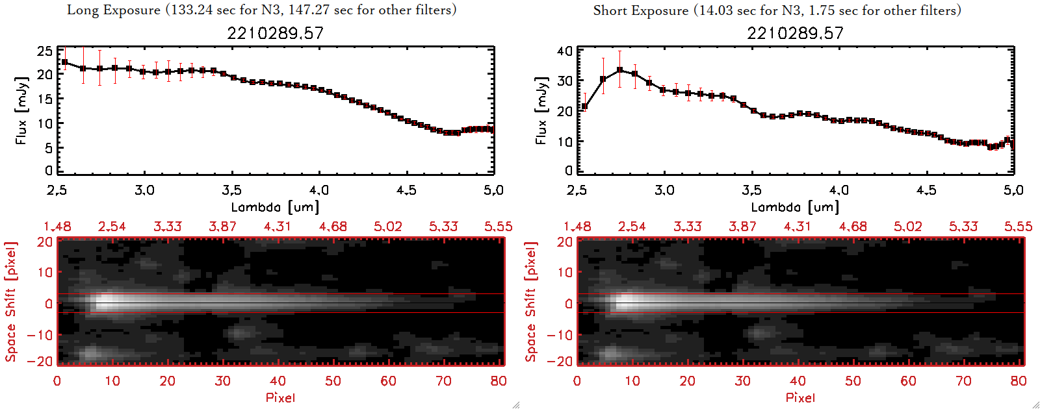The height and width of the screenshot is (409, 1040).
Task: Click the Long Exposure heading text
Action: (261, 10)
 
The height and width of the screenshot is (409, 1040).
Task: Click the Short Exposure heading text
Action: (777, 10)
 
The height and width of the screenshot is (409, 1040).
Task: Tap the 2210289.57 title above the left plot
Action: (275, 33)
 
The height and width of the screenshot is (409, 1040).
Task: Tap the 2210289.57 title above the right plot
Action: (795, 33)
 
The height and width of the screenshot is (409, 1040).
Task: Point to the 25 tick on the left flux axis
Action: (45, 51)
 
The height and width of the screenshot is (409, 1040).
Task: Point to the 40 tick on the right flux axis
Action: (565, 51)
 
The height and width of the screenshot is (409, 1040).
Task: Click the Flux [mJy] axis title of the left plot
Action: (21, 111)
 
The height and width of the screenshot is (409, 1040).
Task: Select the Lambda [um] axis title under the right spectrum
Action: (795, 207)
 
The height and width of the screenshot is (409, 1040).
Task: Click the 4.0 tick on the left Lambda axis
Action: (318, 190)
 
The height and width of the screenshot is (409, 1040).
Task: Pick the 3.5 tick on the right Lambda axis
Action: (751, 190)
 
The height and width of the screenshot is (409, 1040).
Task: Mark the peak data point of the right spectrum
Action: (619, 69)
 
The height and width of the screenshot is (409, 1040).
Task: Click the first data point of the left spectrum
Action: (64, 62)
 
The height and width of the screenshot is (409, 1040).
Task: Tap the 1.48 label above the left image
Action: (57, 227)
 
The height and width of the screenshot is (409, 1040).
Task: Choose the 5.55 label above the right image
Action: (1018, 227)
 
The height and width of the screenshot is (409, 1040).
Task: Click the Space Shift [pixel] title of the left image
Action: (10, 302)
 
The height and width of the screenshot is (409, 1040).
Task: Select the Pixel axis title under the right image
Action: (800, 397)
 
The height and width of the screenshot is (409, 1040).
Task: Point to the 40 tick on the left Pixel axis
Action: (278, 381)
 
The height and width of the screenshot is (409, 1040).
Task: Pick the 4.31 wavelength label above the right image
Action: (797, 227)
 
